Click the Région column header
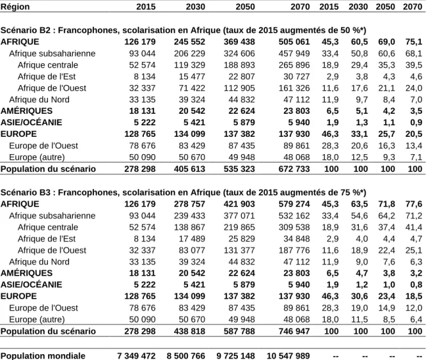point(15,6)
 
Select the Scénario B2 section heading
point(184,30)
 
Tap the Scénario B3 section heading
point(184,192)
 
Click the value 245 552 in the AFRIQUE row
point(189,42)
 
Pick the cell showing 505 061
point(294,42)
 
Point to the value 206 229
point(189,54)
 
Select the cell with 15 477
point(191,77)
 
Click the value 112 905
point(239,88)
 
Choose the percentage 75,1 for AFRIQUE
point(414,42)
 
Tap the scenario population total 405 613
point(189,169)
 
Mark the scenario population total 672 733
point(294,169)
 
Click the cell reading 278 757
point(189,204)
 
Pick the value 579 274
point(294,204)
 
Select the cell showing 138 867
point(189,227)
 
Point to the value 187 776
point(294,250)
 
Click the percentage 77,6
point(414,204)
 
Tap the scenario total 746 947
point(294,331)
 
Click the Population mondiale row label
point(43,356)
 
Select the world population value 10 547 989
point(288,356)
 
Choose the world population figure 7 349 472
point(136,356)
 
